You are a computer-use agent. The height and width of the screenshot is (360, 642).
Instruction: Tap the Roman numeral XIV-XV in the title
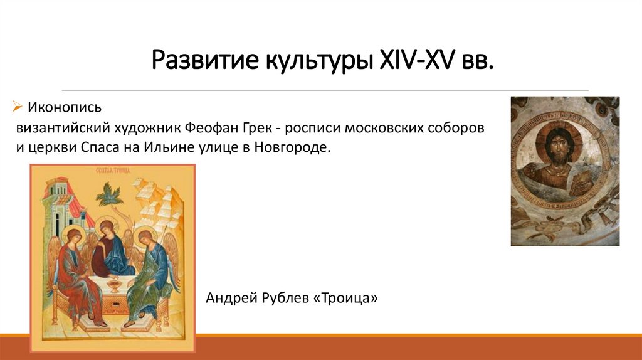point(416,61)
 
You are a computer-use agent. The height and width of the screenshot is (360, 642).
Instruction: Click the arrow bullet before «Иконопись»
point(18,107)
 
